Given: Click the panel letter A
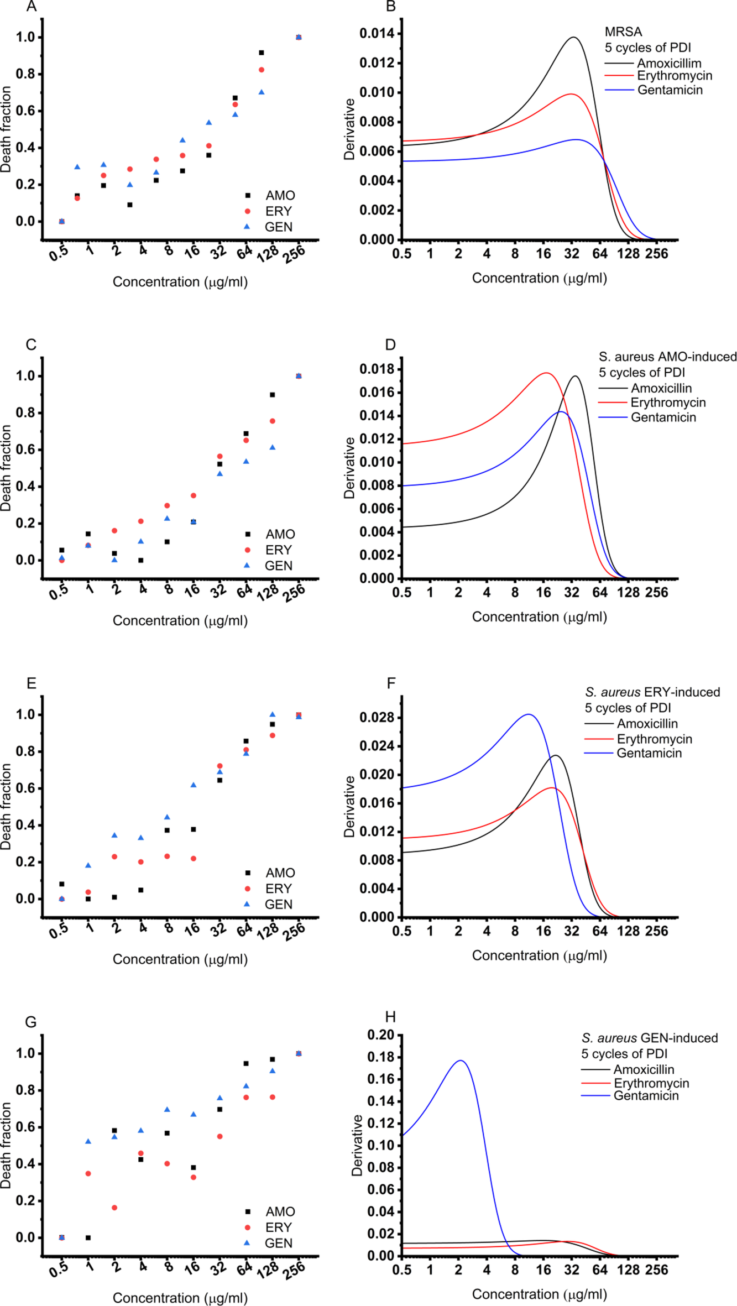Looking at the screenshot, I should pyautogui.click(x=32, y=7).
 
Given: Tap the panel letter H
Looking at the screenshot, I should pyautogui.click(x=390, y=1017).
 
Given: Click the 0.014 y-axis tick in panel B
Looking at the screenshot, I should pyautogui.click(x=377, y=34).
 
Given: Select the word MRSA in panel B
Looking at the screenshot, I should pyautogui.click(x=623, y=32).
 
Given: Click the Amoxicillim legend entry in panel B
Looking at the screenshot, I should pyautogui.click(x=669, y=63).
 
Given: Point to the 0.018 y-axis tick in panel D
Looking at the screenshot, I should pyautogui.click(x=377, y=369).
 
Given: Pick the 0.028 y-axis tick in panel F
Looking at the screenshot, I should pyautogui.click(x=377, y=718).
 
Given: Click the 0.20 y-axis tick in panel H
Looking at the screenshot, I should pyautogui.click(x=381, y=1035).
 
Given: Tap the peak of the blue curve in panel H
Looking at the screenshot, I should pyautogui.click(x=460, y=1061).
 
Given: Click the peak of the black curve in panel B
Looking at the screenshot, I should pyautogui.click(x=573, y=37).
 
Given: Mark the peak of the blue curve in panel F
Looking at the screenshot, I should pyautogui.click(x=528, y=714).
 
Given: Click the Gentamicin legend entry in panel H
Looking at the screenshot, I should pyautogui.click(x=646, y=1095).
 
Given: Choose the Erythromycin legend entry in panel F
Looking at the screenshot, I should pyautogui.click(x=654, y=739).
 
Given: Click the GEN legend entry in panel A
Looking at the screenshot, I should pyautogui.click(x=279, y=227).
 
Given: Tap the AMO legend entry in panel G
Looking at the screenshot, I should pyautogui.click(x=280, y=1211).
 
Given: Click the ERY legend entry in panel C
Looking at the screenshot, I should pyautogui.click(x=278, y=550).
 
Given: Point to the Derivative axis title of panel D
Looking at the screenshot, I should pyautogui.click(x=349, y=468).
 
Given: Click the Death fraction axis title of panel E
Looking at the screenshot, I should pyautogui.click(x=6, y=807).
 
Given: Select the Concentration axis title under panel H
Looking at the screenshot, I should pyautogui.click(x=539, y=1294).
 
